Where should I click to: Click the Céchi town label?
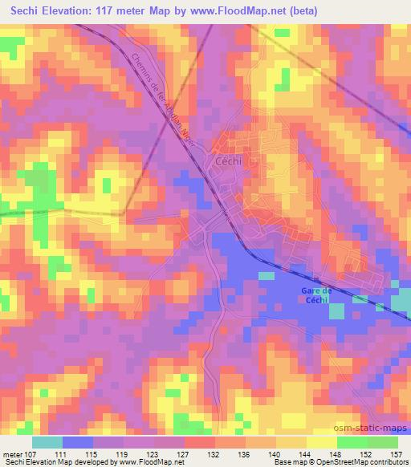point(229,161)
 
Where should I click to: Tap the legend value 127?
point(184,453)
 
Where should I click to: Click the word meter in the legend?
point(11,453)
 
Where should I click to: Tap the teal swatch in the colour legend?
point(48,442)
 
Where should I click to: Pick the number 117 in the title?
point(111,11)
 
